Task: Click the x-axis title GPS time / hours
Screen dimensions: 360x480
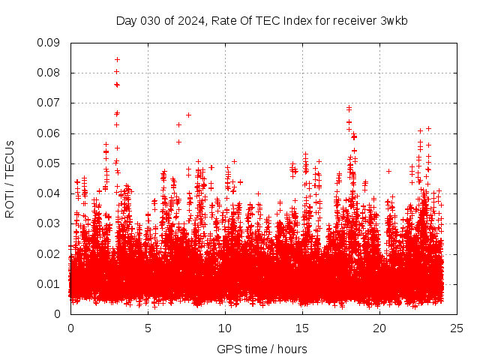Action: click(262, 349)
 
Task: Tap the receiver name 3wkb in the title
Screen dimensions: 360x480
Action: click(393, 20)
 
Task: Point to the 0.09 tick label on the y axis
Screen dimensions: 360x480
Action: click(49, 43)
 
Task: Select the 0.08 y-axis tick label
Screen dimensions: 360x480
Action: click(49, 73)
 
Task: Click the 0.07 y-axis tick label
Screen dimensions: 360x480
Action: click(49, 103)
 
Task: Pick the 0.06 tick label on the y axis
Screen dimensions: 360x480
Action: click(49, 133)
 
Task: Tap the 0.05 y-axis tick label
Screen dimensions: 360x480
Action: click(49, 163)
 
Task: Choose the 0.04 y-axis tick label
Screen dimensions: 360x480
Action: click(49, 193)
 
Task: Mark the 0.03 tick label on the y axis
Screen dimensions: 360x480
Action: click(49, 223)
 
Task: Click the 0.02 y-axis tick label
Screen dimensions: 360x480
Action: click(49, 253)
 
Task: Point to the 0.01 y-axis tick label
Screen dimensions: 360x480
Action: click(49, 283)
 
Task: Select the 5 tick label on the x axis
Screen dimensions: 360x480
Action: click(148, 328)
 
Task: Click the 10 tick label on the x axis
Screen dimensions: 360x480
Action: click(225, 328)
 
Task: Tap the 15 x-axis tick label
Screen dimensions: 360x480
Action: click(302, 328)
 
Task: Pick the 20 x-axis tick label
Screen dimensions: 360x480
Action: click(379, 328)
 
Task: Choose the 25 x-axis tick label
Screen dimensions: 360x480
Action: click(457, 328)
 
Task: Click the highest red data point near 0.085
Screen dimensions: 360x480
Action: click(117, 59)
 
